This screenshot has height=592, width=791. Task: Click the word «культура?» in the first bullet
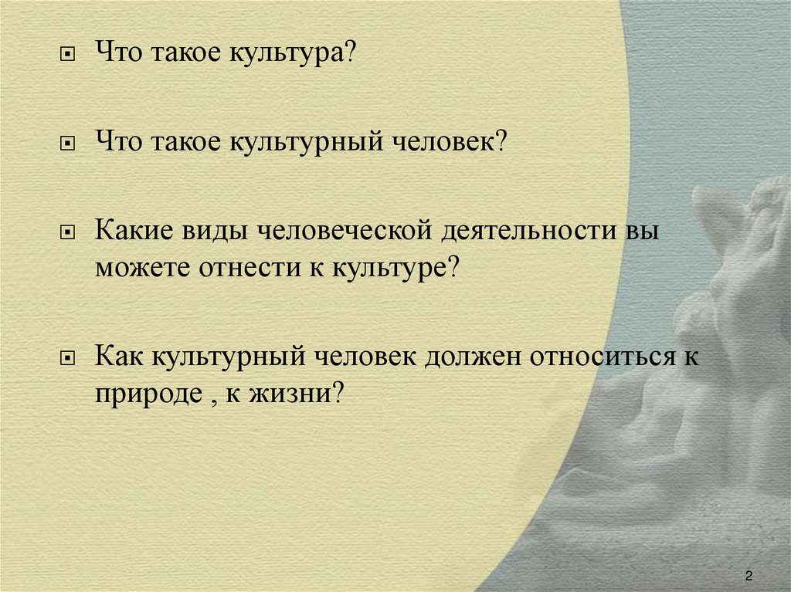pos(293,52)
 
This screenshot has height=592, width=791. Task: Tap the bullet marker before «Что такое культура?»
pos(67,54)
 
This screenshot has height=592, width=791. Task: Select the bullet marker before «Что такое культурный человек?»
pos(67,144)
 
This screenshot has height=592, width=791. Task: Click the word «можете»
pos(143,267)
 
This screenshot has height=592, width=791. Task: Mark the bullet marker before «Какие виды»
pos(67,232)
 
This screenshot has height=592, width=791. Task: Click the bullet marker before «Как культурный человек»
pos(67,358)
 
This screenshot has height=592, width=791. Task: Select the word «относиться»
pos(603,356)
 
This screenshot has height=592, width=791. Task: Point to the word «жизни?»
pos(296,393)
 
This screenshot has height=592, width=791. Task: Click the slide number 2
pos(749,576)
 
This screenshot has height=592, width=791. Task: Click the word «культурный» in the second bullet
pos(306,142)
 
